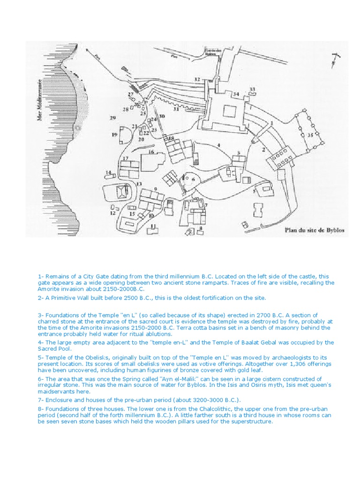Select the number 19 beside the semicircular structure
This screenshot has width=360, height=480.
(x=114, y=135)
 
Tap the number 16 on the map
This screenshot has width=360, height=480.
(x=151, y=152)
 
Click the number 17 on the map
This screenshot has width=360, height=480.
(x=126, y=158)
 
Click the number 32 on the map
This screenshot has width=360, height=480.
(x=197, y=79)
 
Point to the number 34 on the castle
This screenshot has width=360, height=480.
(x=236, y=94)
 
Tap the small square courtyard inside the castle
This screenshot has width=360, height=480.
(x=230, y=112)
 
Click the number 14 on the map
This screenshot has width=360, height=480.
(x=108, y=173)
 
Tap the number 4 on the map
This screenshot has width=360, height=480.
(x=218, y=146)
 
